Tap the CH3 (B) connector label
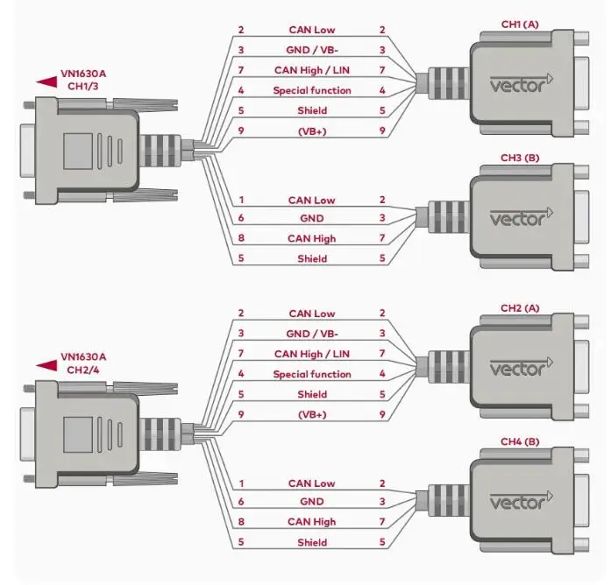(518, 158)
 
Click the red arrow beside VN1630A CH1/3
(46, 81)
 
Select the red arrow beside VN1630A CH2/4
(46, 363)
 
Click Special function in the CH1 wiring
(311, 90)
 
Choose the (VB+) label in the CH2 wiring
(311, 414)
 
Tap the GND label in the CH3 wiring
(311, 219)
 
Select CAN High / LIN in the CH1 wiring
(311, 70)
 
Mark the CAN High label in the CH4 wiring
(311, 522)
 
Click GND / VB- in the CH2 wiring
(311, 334)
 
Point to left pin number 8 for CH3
(241, 238)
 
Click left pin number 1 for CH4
(241, 483)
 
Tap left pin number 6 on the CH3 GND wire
(241, 219)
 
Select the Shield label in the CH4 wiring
(311, 542)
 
